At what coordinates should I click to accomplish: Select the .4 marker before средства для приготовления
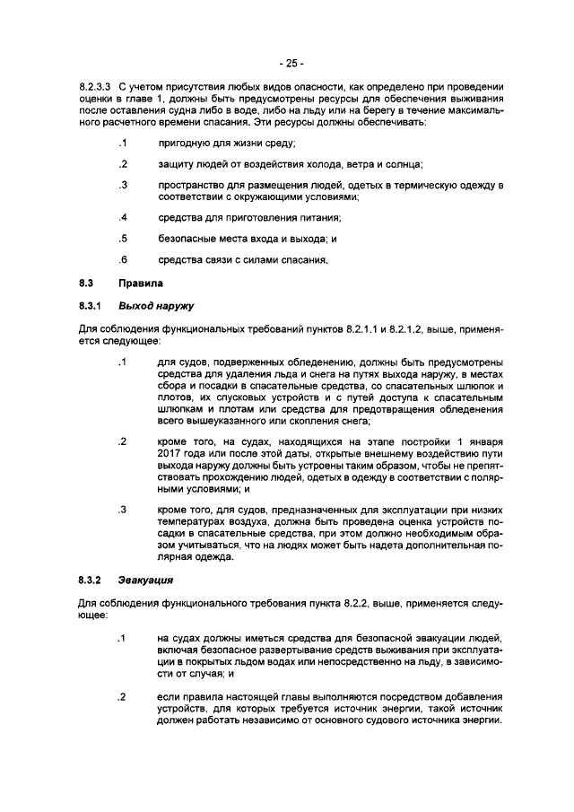[x=123, y=218]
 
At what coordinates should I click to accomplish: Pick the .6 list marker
[x=123, y=261]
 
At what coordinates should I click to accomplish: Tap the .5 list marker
[x=123, y=240]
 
